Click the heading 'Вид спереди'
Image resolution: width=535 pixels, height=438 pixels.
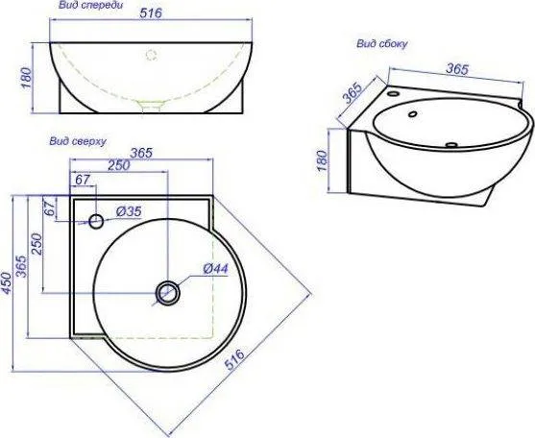[x=90, y=6]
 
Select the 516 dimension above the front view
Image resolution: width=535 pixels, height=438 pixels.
[x=151, y=13]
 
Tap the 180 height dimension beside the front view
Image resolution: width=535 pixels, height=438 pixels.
[x=27, y=78]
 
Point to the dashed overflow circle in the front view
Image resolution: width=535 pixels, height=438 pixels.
[x=151, y=55]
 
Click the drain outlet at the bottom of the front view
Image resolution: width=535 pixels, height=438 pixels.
[x=151, y=107]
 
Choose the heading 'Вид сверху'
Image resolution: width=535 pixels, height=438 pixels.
[x=78, y=141]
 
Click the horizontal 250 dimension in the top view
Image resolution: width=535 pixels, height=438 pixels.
[x=119, y=165]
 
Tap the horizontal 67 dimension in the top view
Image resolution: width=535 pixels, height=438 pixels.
[x=82, y=180]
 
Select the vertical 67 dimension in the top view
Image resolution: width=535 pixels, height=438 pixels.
[x=50, y=207]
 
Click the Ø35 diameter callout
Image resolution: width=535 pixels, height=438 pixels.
[x=129, y=211]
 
